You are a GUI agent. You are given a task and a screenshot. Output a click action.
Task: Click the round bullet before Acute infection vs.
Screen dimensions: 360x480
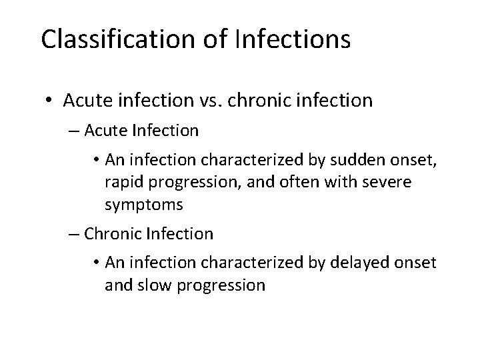(49, 101)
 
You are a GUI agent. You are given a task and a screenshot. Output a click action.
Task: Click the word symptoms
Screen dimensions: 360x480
(143, 205)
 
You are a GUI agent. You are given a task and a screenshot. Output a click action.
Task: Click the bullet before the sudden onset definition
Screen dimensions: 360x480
(94, 160)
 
